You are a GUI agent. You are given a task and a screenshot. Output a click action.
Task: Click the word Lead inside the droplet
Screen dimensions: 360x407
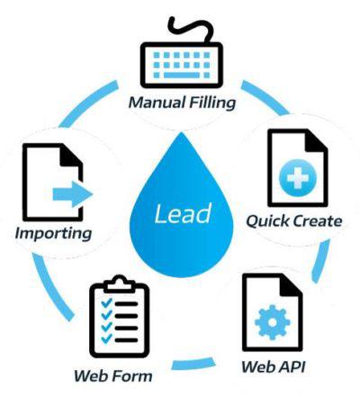pyautogui.click(x=183, y=213)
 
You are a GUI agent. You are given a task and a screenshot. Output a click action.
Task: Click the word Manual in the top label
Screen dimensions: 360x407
pyautogui.click(x=157, y=102)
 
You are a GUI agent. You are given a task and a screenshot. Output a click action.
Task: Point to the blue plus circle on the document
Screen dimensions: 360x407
pyautogui.click(x=297, y=178)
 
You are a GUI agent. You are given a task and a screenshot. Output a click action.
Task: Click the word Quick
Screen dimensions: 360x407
pyautogui.click(x=267, y=222)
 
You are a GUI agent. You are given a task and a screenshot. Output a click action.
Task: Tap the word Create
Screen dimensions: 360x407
pyautogui.click(x=317, y=222)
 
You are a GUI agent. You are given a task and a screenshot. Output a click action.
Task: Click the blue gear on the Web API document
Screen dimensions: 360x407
pyautogui.click(x=273, y=322)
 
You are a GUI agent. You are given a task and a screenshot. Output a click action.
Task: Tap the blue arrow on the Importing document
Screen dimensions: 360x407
pyautogui.click(x=73, y=194)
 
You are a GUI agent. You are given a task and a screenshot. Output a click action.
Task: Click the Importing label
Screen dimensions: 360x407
pyautogui.click(x=53, y=234)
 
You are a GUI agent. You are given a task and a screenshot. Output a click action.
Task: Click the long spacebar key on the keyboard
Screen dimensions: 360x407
pyautogui.click(x=182, y=75)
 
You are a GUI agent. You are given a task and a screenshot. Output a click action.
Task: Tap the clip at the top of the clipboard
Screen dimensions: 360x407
pyautogui.click(x=120, y=283)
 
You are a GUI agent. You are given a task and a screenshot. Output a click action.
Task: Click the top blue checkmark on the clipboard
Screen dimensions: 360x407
pyautogui.click(x=106, y=303)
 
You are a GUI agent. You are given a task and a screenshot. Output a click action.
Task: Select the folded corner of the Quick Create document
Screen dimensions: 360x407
pyautogui.click(x=318, y=141)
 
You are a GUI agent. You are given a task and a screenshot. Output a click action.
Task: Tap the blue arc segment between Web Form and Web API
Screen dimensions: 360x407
pyautogui.click(x=193, y=365)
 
